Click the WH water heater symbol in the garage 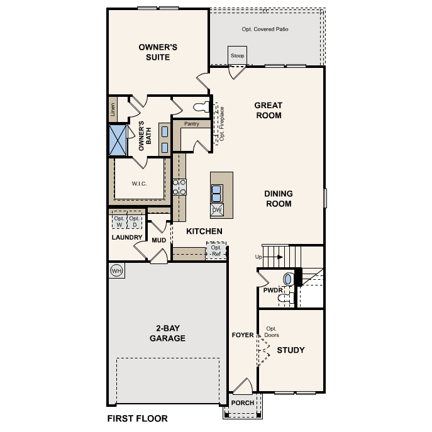coord(116,270)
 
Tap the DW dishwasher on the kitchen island coord(217,210)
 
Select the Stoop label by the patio coord(238,55)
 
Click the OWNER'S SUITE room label coord(158,52)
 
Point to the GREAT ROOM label coord(268,110)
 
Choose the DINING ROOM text coord(277,199)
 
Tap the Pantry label coord(192,124)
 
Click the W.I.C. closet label coord(139,184)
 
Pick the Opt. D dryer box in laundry coord(134,221)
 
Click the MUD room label coord(158,240)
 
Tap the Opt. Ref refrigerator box coord(216,250)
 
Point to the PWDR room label coord(272,290)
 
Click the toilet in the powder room coord(289,279)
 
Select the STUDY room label coord(291,350)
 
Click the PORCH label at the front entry coord(243,403)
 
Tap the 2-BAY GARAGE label coord(167,333)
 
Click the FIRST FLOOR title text coord(137,418)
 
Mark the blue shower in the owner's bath coord(118,140)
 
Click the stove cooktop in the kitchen coord(180,186)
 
